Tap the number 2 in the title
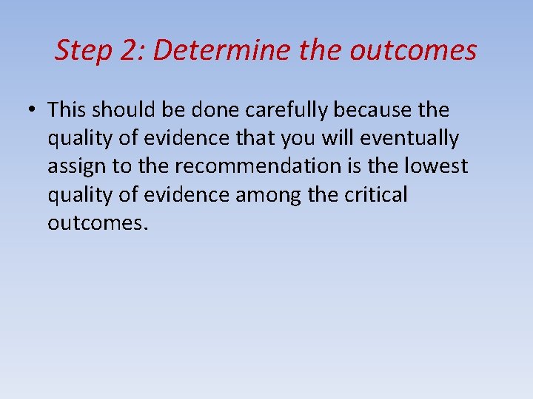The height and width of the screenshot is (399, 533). [x=127, y=51]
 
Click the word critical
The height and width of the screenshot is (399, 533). [x=378, y=194]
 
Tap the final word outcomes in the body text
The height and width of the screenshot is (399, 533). [x=98, y=222]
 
